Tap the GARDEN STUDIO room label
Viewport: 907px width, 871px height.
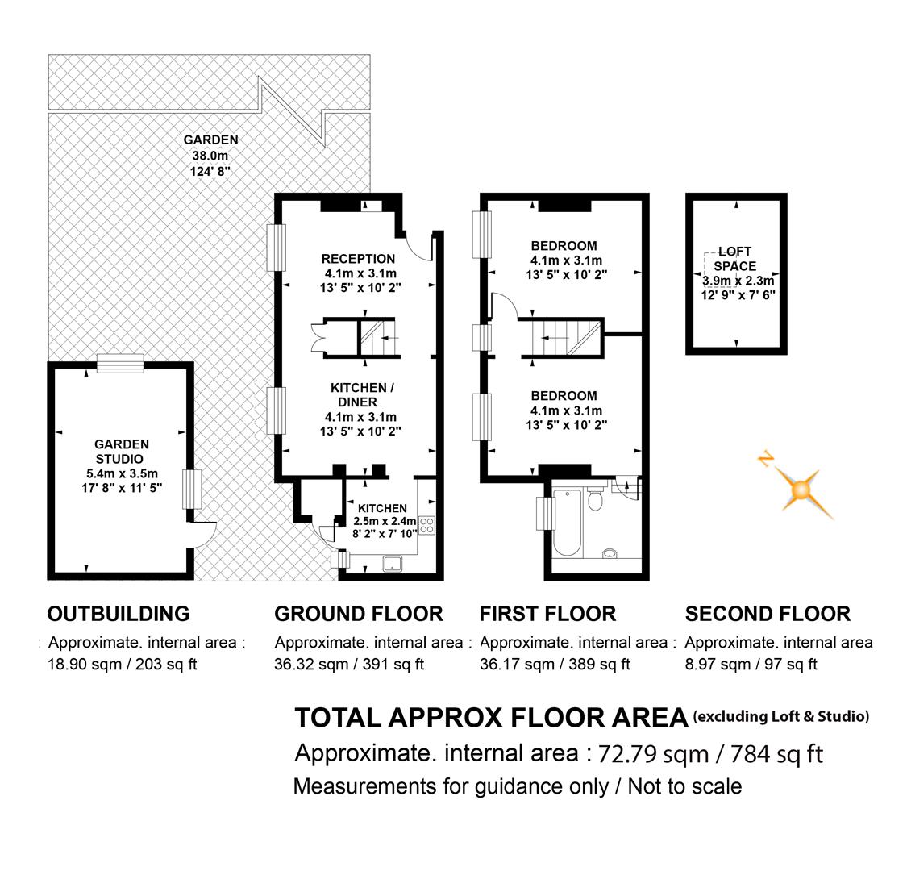click(x=122, y=452)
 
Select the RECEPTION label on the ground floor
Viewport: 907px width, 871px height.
click(x=358, y=259)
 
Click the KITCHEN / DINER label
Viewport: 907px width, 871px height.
click(x=361, y=394)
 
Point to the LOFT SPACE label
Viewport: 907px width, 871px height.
click(x=734, y=259)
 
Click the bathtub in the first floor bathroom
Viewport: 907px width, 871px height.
click(x=568, y=522)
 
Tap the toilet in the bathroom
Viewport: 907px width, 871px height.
click(x=595, y=498)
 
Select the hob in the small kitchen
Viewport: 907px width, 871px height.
click(x=426, y=526)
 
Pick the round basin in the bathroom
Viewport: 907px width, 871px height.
click(x=610, y=553)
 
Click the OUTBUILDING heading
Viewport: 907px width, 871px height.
click(x=119, y=614)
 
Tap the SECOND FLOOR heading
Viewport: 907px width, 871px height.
click(x=768, y=614)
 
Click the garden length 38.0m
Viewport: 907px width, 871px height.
click(x=210, y=156)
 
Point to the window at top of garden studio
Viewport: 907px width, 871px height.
click(x=120, y=364)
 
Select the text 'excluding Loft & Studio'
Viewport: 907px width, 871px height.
click(x=781, y=716)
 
